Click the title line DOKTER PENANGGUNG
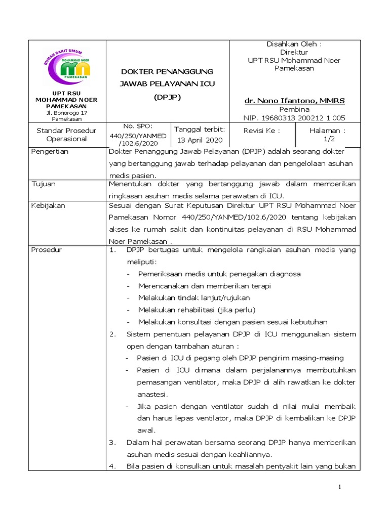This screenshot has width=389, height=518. (x=167, y=71)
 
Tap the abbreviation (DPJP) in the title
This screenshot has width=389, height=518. (x=167, y=96)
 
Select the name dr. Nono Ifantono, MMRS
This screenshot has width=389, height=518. (x=294, y=101)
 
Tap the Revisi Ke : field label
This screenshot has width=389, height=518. (x=262, y=130)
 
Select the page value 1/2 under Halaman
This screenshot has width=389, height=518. (x=329, y=138)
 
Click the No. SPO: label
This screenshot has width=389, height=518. (x=138, y=126)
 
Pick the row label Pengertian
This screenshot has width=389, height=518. (x=50, y=152)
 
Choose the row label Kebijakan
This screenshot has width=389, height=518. (x=48, y=206)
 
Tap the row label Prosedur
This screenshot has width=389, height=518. (x=47, y=250)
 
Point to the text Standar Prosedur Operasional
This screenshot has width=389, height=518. (x=66, y=134)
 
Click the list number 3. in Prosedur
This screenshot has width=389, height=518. (x=113, y=442)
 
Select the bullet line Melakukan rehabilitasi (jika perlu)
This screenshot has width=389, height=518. (x=197, y=310)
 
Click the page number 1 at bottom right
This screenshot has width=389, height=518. (x=340, y=487)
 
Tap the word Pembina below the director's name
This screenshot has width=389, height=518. (x=294, y=109)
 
